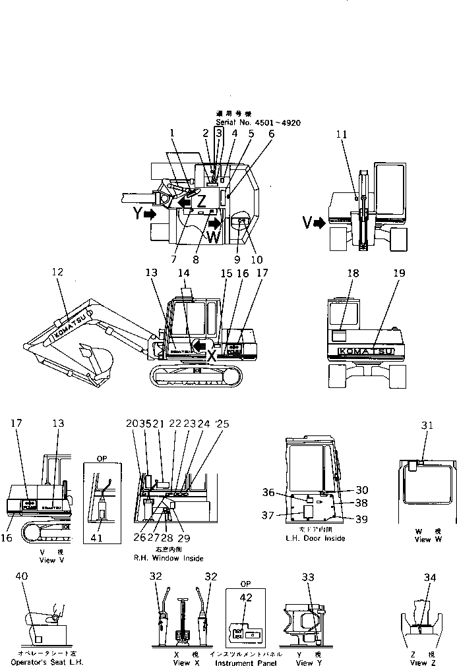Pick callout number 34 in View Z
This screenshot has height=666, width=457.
click(x=430, y=578)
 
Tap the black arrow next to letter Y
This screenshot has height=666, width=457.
click(x=150, y=214)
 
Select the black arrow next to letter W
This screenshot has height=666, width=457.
click(x=214, y=223)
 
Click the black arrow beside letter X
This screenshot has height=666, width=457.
click(x=197, y=345)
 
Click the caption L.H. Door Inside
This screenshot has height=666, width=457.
click(x=315, y=538)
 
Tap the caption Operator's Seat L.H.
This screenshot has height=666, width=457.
click(x=47, y=661)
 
